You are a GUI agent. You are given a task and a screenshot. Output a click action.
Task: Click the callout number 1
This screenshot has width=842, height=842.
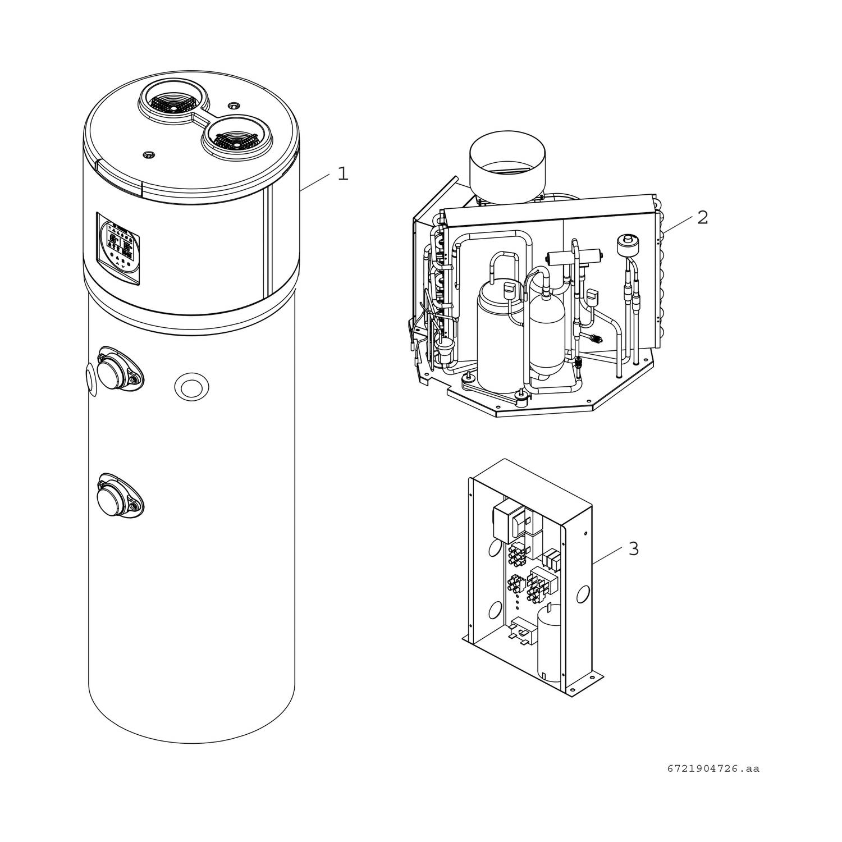(x=342, y=174)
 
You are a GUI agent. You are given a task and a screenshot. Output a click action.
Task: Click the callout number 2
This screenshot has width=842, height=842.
(x=703, y=217)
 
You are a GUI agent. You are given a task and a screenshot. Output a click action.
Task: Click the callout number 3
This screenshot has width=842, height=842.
(x=633, y=548)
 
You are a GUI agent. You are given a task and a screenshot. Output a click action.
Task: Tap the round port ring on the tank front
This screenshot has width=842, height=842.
(x=192, y=387)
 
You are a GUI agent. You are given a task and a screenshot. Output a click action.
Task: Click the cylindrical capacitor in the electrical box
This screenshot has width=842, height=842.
(x=549, y=640)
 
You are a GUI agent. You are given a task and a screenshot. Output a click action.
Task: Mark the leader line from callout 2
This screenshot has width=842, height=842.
(x=676, y=226)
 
